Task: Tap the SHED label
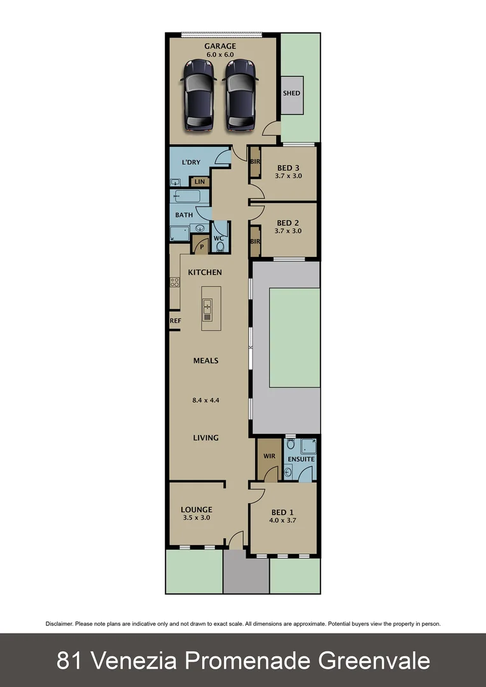(x=292, y=94)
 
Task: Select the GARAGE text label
(x=220, y=46)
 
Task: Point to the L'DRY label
(x=191, y=162)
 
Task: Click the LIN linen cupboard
(x=200, y=181)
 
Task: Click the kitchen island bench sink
(x=207, y=310)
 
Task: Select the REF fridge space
(x=176, y=321)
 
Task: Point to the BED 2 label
(x=288, y=223)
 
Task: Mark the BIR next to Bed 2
(x=255, y=242)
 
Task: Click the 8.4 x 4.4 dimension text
(x=206, y=401)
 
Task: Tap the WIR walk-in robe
(x=268, y=456)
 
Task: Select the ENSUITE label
(x=301, y=459)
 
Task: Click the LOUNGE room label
(x=196, y=510)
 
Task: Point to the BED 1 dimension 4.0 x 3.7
(x=284, y=520)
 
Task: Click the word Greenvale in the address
(x=374, y=660)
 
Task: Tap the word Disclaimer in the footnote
(x=59, y=624)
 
